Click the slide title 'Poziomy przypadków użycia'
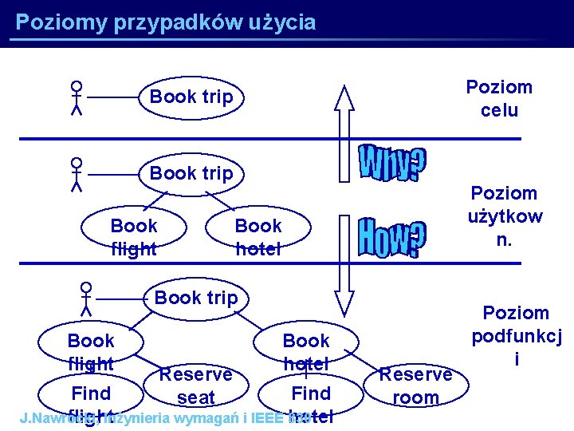click(166, 22)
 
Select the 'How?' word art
click(391, 236)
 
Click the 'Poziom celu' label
click(499, 98)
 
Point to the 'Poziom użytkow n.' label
click(505, 216)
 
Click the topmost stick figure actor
click(77, 98)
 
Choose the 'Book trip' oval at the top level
click(192, 97)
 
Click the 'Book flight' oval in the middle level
click(134, 237)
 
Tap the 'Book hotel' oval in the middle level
click(258, 237)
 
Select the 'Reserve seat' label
click(196, 385)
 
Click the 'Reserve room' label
click(416, 386)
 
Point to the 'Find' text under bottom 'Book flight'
click(91, 393)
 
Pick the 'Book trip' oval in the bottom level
click(196, 298)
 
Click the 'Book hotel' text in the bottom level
click(306, 351)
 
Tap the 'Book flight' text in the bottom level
click(92, 352)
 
